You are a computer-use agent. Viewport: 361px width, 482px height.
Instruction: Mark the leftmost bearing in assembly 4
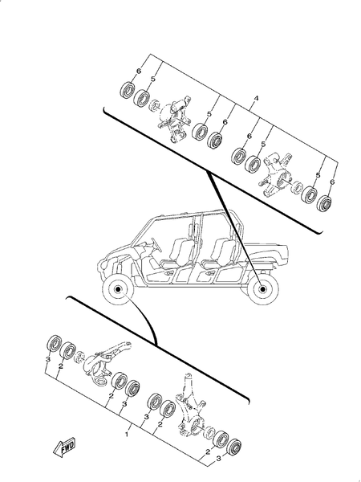click(x=125, y=88)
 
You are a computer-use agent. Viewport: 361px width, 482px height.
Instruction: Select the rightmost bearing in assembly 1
click(x=236, y=447)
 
